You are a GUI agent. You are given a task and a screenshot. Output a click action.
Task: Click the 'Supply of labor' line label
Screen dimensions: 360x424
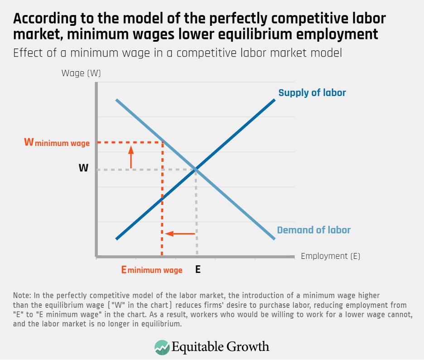312,93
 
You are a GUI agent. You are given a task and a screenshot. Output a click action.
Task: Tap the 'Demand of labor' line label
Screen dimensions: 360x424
313,230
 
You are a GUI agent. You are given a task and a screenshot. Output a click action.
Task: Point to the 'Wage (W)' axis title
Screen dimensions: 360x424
81,73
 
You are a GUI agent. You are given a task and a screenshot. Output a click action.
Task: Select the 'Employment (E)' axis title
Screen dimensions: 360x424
330,256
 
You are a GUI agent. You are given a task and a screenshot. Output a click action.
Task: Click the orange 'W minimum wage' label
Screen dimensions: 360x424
57,143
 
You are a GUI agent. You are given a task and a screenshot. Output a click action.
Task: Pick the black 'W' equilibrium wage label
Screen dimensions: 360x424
83,168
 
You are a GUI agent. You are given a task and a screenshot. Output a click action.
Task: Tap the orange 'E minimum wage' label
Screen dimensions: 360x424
152,270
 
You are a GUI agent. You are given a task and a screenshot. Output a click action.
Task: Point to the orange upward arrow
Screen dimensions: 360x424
131,157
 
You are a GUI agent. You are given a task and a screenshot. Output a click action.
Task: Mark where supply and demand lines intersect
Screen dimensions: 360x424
196,169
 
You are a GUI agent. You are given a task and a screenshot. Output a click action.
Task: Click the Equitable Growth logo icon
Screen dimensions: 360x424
162,347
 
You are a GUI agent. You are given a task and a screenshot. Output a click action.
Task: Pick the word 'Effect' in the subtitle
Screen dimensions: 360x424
26,53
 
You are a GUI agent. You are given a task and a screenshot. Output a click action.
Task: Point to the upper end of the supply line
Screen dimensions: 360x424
275,99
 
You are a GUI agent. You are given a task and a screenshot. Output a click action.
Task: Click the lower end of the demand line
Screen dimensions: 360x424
275,238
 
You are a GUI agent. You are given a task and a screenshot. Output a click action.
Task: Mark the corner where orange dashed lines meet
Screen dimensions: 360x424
162,142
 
